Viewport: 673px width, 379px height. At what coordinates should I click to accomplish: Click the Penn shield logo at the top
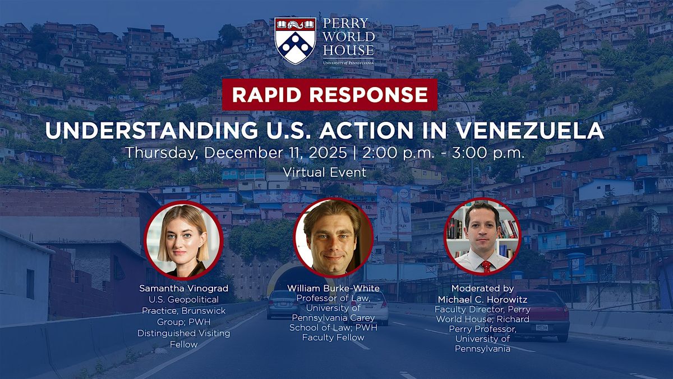tap(295, 41)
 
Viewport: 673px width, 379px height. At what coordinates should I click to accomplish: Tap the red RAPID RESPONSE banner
tap(329, 95)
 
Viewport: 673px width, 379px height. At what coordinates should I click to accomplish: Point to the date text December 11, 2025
tap(271, 153)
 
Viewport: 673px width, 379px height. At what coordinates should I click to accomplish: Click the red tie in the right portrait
tap(486, 265)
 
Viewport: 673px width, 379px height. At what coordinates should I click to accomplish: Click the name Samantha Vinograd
tap(184, 288)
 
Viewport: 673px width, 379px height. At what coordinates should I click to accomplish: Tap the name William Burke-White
tap(334, 288)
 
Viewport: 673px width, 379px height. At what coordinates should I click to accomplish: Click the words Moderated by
tap(482, 287)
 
